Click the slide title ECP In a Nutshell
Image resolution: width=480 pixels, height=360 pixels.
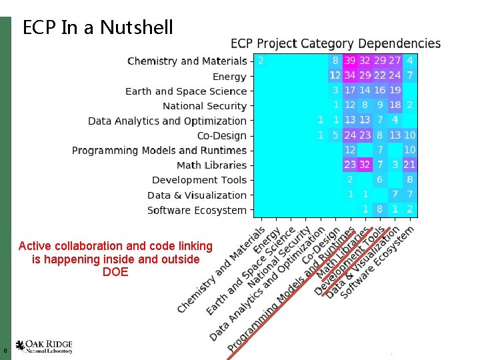pos(97,27)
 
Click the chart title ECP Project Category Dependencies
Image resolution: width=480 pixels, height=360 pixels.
pos(335,44)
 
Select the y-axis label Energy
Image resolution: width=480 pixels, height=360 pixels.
pos(229,77)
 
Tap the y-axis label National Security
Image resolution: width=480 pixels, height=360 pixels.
pos(205,106)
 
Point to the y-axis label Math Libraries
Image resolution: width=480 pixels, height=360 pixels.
pos(211,165)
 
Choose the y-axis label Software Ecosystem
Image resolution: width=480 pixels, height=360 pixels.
pos(197,210)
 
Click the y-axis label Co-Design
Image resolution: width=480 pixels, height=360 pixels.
pos(221,135)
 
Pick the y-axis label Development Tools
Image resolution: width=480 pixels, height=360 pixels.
pos(199,180)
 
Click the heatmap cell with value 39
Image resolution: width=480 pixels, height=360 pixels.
pos(350,61)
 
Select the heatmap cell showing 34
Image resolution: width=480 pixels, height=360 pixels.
pos(350,75)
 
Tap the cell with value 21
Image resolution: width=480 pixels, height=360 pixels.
pos(409,165)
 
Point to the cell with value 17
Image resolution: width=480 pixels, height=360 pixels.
pos(350,90)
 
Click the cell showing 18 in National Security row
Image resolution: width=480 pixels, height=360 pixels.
pos(395,105)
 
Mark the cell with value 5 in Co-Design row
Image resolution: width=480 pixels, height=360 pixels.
pos(335,135)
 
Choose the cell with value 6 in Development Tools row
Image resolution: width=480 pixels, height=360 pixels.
pos(379,180)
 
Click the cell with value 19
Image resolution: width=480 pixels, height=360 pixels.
pos(395,90)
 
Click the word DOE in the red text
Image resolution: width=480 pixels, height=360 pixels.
pos(115,272)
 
